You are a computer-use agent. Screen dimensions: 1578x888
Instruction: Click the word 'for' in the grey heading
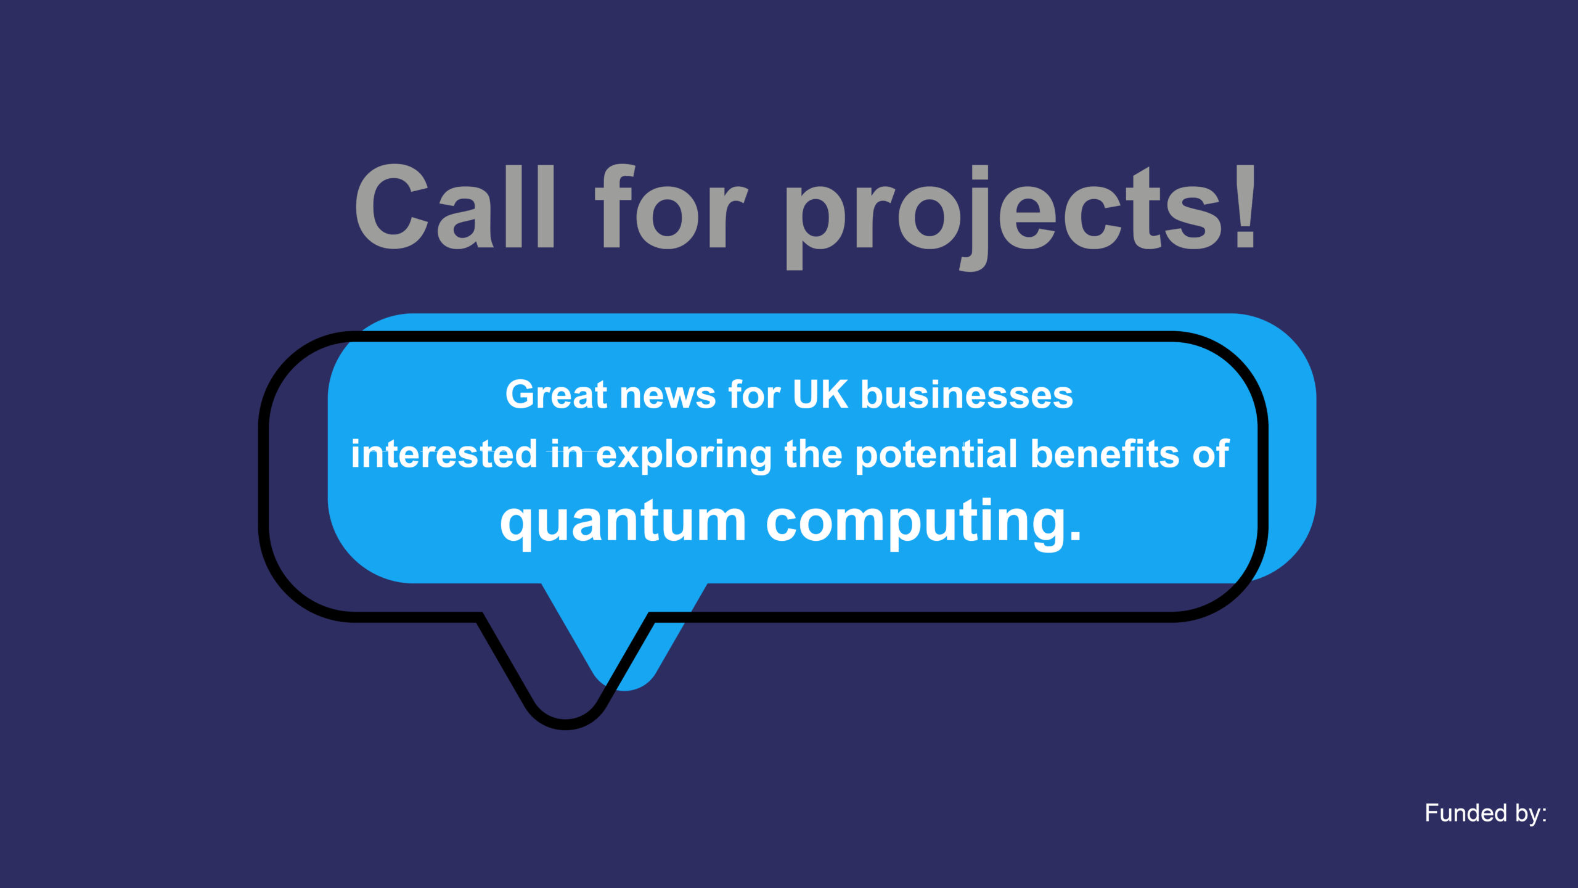tap(671, 207)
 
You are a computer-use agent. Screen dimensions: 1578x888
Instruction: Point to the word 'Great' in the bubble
tap(557, 395)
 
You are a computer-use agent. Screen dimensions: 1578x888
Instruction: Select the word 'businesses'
tap(967, 395)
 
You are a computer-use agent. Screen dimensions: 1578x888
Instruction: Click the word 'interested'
tap(444, 454)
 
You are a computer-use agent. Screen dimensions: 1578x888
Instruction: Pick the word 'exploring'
tap(684, 456)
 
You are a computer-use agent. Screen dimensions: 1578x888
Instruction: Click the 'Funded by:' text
tap(1486, 814)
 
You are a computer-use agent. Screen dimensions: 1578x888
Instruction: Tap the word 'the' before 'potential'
tap(813, 454)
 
